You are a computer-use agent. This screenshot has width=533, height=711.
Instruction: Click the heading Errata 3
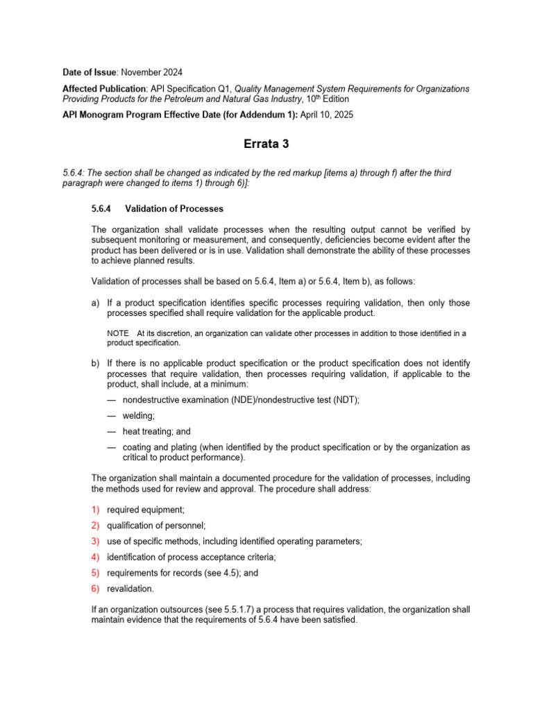(266, 145)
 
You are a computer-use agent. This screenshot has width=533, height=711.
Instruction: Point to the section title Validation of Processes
(174, 208)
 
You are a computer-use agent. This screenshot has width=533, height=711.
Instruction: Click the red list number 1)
(96, 509)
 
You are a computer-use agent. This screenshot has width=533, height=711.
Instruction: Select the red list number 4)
(96, 557)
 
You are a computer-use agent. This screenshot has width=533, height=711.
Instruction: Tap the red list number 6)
(96, 588)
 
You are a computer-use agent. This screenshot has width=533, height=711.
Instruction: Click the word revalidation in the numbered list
(130, 588)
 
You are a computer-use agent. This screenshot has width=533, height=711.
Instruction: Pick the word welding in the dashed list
(138, 415)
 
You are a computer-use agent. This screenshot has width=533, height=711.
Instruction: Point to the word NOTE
(118, 333)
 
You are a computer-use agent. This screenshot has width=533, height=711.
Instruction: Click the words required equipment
(145, 509)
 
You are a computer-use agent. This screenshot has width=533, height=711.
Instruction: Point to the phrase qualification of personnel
(156, 526)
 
